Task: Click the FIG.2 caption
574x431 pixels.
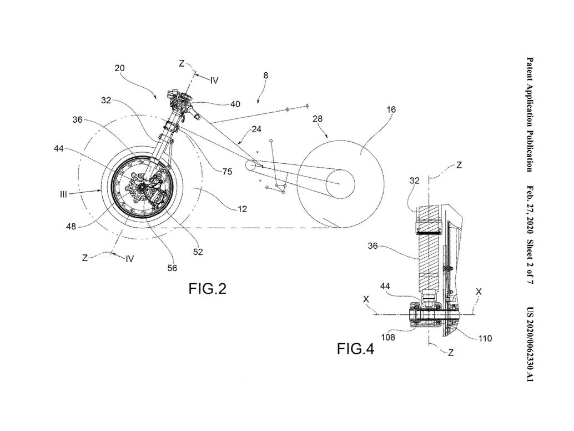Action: pyautogui.click(x=207, y=289)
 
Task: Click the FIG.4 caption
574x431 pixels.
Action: pyautogui.click(x=355, y=349)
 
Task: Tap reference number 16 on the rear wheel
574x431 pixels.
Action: pyautogui.click(x=391, y=109)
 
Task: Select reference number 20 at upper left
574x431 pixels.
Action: pyautogui.click(x=120, y=68)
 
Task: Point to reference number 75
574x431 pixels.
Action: pyautogui.click(x=227, y=171)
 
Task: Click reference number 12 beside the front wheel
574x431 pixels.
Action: pyautogui.click(x=243, y=209)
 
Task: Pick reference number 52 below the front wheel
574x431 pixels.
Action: pyautogui.click(x=198, y=252)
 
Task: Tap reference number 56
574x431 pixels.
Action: pyautogui.click(x=172, y=268)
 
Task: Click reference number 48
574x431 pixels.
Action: pyautogui.click(x=71, y=227)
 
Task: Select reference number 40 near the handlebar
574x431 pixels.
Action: pyautogui.click(x=235, y=104)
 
